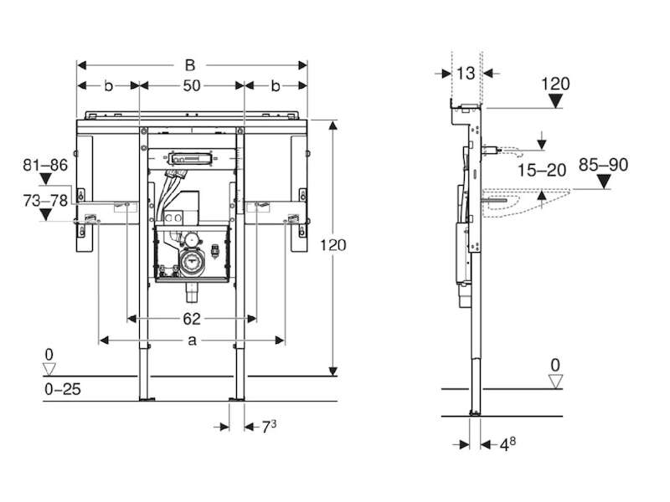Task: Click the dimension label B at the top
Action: pos(190,65)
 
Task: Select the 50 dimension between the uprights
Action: pos(192,86)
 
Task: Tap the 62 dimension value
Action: pos(192,319)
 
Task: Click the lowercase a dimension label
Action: pos(193,341)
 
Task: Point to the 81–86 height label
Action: pos(45,165)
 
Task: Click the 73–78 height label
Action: pos(45,200)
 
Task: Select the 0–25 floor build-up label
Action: pos(62,389)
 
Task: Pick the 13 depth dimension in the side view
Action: pos(466,74)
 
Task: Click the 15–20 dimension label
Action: pos(542,171)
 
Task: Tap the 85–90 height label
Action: pos(603,165)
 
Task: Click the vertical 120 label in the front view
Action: pos(333,245)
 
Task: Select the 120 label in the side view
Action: pos(555,84)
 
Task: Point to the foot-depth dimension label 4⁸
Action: pos(508,444)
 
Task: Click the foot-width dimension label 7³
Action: pos(269,426)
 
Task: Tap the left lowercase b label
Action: pos(109,86)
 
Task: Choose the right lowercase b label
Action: pos(276,86)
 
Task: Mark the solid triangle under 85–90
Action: pos(603,182)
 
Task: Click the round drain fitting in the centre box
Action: pos(191,259)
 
